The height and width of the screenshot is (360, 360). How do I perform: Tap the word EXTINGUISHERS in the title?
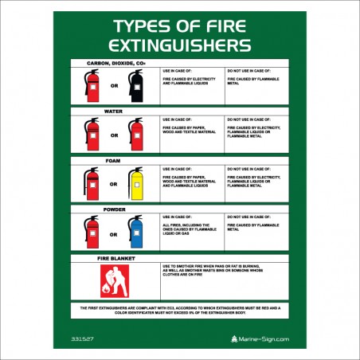[179, 43]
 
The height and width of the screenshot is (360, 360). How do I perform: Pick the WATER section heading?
[112, 112]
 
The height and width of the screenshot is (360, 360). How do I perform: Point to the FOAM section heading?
[112, 160]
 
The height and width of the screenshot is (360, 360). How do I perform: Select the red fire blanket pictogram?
[112, 281]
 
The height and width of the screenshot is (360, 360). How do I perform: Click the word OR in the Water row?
[113, 136]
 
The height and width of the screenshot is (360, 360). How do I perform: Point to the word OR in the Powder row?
[113, 234]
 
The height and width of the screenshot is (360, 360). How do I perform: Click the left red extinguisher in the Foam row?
[92, 183]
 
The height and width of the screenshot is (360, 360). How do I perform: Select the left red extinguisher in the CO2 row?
[92, 85]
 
